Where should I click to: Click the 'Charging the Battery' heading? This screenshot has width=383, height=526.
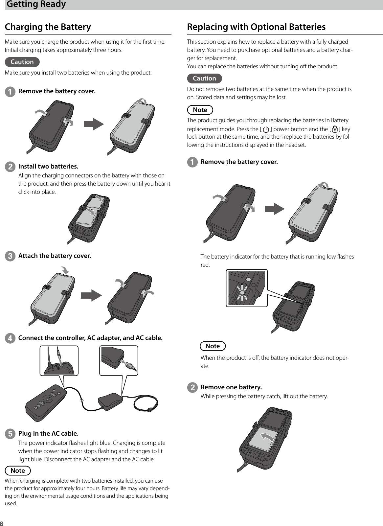click(48, 27)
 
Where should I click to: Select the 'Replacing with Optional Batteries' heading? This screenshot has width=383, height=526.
click(256, 27)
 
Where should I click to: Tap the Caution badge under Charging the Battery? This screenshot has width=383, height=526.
click(22, 62)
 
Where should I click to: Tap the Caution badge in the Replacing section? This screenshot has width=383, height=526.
click(204, 79)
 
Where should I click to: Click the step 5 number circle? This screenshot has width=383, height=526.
click(10, 434)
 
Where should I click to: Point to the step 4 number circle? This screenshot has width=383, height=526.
click(10, 338)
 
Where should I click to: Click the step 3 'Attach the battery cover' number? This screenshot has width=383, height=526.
click(10, 256)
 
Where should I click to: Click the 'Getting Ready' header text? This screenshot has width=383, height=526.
click(36, 4)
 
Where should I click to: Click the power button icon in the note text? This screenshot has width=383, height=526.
click(266, 129)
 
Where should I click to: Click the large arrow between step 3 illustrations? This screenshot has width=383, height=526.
click(92, 295)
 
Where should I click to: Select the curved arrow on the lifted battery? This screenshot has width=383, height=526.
click(268, 437)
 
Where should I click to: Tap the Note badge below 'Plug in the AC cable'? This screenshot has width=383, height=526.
click(18, 470)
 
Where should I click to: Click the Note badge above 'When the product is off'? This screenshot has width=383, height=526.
click(213, 346)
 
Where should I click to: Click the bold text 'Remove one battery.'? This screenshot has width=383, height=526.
click(231, 387)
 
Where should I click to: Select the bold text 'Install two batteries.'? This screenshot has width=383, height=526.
click(48, 166)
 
